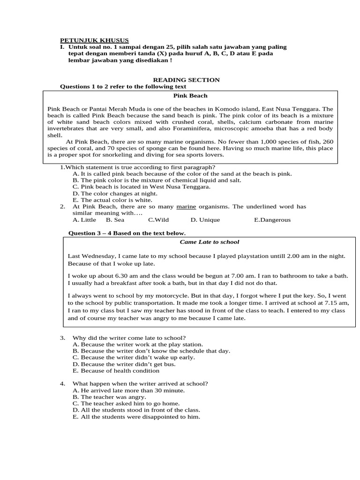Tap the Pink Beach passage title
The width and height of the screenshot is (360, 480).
(x=190, y=96)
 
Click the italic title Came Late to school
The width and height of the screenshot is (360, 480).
(x=210, y=242)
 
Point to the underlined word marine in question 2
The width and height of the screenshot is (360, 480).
(x=185, y=206)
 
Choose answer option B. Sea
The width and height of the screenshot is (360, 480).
(x=115, y=219)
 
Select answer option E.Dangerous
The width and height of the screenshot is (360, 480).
(x=272, y=219)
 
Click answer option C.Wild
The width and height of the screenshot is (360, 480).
(x=158, y=219)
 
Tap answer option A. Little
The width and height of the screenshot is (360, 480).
(x=84, y=219)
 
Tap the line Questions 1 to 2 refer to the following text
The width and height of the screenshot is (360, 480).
(x=123, y=87)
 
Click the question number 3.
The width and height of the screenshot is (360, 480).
(x=62, y=337)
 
